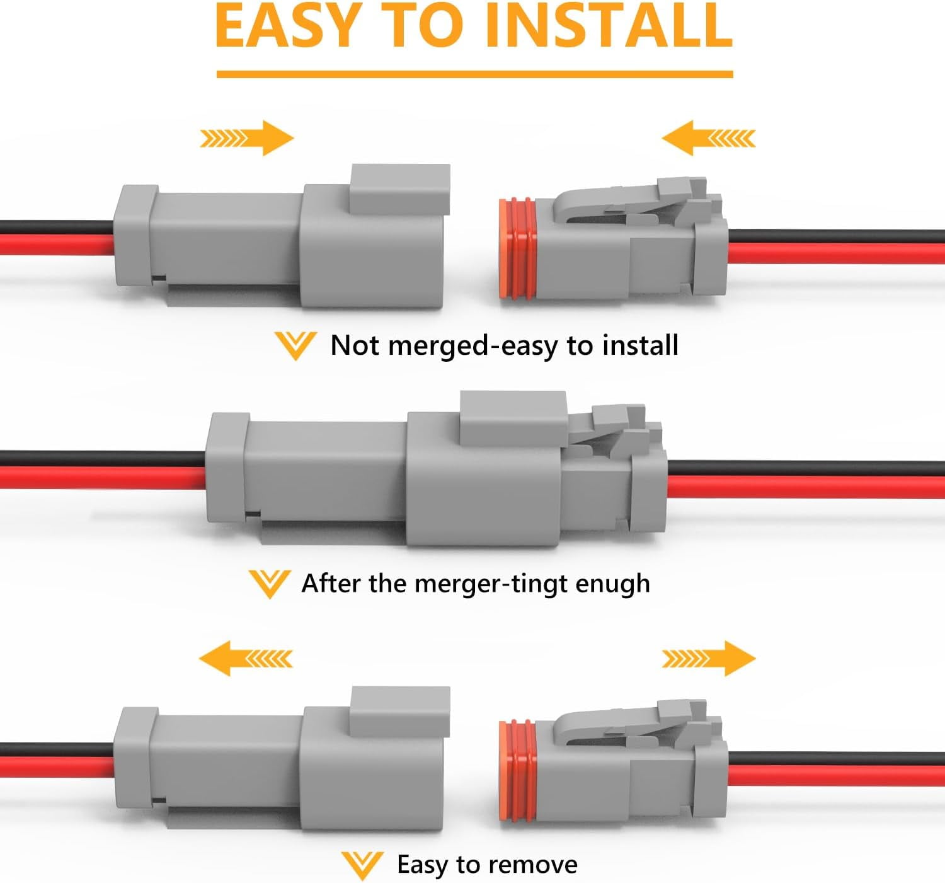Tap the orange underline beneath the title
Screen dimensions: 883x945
pyautogui.click(x=474, y=74)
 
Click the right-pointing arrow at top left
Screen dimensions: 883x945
pyautogui.click(x=248, y=138)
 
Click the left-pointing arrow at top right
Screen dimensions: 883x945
pyautogui.click(x=707, y=138)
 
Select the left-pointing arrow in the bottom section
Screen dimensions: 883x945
pyautogui.click(x=246, y=659)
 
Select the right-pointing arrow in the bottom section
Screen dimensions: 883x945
pyautogui.click(x=708, y=659)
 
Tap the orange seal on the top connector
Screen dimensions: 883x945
pyautogui.click(x=518, y=249)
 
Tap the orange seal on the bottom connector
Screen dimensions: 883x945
pyautogui.click(x=518, y=771)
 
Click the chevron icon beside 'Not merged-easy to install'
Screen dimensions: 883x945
pyautogui.click(x=295, y=345)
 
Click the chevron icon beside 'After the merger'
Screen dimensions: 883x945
pyautogui.click(x=269, y=583)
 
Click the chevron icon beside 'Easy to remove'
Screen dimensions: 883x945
pyautogui.click(x=362, y=865)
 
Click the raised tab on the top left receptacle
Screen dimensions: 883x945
pyautogui.click(x=400, y=188)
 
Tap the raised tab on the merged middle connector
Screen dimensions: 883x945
pyautogui.click(x=513, y=417)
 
